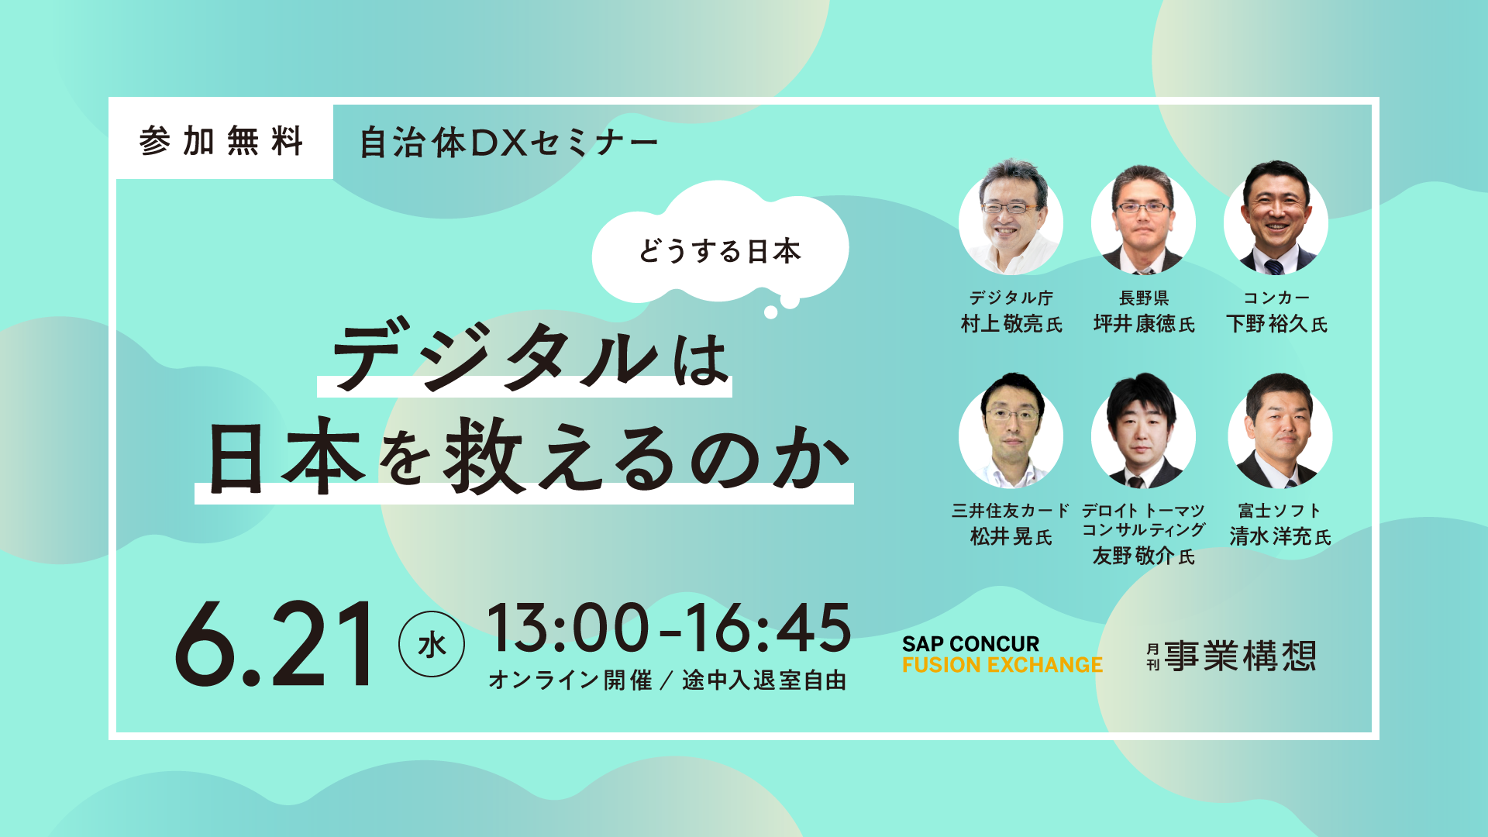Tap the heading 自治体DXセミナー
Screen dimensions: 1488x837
509,143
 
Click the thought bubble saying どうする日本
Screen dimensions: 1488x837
720,244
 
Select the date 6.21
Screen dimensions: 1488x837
274,644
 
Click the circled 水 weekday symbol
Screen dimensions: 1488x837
432,643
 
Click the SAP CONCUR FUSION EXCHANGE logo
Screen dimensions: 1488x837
1002,655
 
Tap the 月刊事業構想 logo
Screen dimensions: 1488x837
1232,656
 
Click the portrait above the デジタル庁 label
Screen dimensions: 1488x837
1011,219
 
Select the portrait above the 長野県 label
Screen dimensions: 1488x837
1143,220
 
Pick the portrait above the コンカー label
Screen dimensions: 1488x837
1276,219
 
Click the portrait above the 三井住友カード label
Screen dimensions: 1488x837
1011,432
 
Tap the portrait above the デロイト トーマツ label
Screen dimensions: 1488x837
1143,432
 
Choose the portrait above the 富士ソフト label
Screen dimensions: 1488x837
1280,432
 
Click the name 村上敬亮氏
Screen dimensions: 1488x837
1011,324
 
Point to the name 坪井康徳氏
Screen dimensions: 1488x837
1144,324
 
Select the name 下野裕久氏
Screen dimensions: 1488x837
1276,324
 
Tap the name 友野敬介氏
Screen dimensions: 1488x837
1144,556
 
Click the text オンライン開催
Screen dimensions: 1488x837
570,680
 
